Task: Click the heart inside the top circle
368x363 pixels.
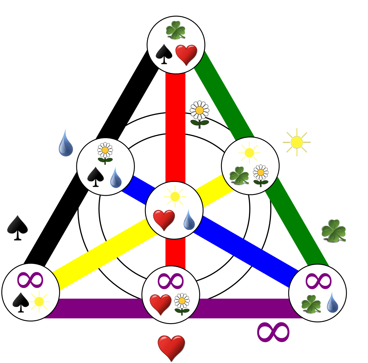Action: click(186, 55)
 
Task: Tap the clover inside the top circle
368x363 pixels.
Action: click(176, 30)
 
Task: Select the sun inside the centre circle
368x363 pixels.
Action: click(175, 196)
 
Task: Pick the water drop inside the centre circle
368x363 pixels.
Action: click(189, 220)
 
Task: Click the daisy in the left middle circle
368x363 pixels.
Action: click(105, 153)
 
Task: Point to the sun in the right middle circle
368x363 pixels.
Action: click(249, 153)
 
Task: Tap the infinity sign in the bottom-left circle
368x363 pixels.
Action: click(30, 280)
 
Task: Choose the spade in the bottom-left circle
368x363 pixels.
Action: click(21, 302)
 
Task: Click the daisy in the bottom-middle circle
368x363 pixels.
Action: click(182, 304)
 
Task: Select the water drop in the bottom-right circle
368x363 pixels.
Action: click(333, 303)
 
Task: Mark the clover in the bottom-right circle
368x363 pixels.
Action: click(311, 304)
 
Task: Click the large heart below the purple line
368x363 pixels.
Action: click(171, 347)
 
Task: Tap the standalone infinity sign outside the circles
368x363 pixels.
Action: click(273, 332)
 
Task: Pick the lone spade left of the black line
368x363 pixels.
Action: click(18, 227)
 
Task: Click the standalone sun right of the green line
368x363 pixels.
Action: click(297, 142)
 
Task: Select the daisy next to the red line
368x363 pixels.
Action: click(200, 114)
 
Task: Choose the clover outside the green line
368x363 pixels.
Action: click(334, 231)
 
